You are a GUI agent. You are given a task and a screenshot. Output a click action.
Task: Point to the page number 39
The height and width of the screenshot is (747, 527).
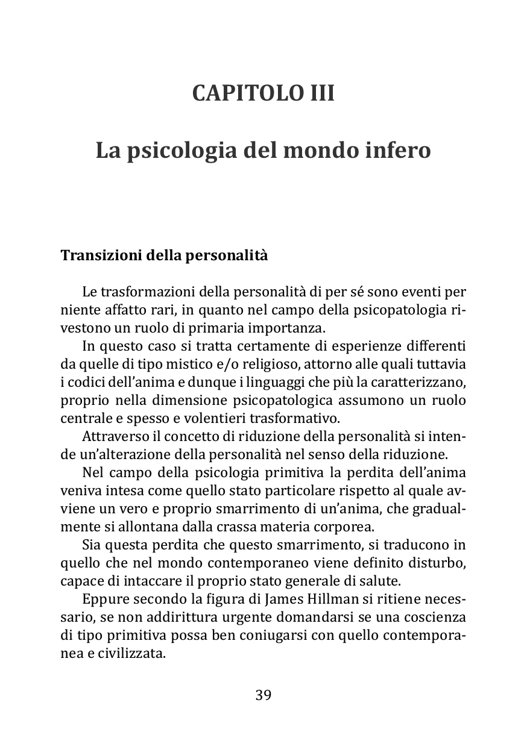[x=263, y=695]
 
